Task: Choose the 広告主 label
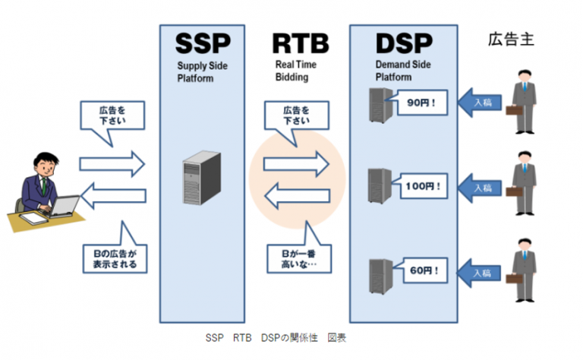511,39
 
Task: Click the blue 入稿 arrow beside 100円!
479,185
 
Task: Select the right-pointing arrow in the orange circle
297,162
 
